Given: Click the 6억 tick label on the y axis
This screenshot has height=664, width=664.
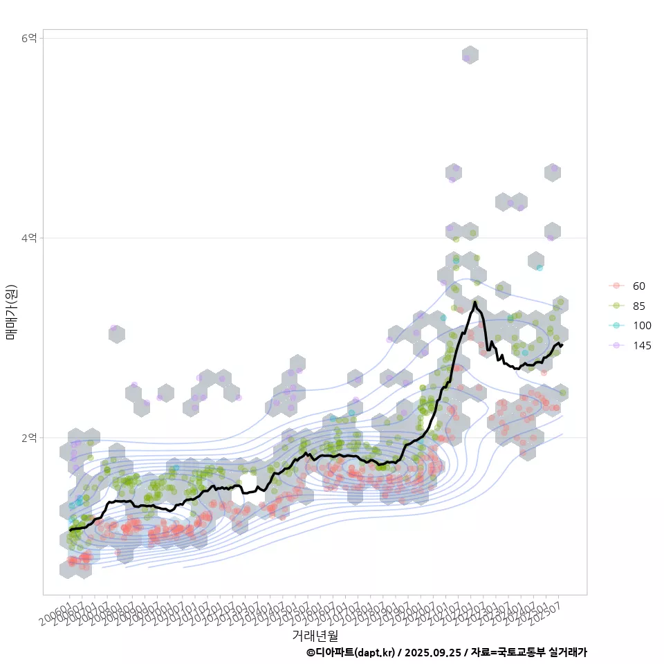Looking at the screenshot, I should (30, 38).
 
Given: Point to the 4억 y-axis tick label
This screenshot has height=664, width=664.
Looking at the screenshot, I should (30, 238).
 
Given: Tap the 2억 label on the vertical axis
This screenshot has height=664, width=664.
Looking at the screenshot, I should (30, 438).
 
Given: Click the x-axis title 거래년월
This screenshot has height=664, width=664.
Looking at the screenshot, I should (315, 635).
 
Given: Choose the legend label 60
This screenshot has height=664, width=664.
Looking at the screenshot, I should (638, 286).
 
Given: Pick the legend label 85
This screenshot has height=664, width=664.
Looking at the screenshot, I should (638, 306).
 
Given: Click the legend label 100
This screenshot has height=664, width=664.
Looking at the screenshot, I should (641, 326).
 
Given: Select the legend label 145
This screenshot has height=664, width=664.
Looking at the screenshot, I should (641, 346).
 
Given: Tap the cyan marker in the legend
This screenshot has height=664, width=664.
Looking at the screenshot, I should (616, 326).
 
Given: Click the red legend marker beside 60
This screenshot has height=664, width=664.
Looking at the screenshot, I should (616, 286).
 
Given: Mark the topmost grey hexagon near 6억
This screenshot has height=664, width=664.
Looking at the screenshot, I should (470, 55).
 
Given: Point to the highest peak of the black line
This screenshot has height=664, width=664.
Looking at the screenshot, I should (474, 302).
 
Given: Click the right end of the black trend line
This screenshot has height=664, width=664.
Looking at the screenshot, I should (562, 344).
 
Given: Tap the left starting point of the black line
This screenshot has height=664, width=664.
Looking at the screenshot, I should (70, 530).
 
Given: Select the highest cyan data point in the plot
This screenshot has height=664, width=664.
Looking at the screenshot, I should (539, 268).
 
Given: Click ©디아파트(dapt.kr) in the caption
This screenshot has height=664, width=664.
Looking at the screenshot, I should (351, 652).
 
